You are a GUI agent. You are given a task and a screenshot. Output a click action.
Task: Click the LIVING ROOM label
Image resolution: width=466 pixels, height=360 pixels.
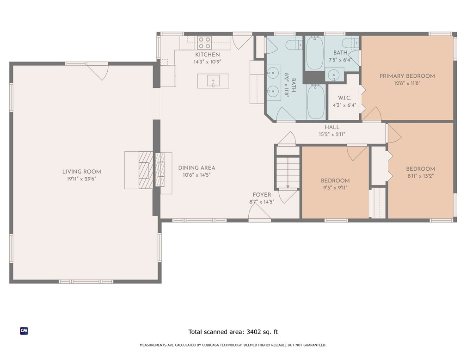pyautogui.click(x=81, y=172)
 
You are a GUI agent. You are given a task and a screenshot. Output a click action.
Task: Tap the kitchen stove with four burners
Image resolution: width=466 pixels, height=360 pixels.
pyautogui.click(x=204, y=43)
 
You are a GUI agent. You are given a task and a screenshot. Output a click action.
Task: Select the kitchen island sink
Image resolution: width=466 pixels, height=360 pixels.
pyautogui.click(x=213, y=82)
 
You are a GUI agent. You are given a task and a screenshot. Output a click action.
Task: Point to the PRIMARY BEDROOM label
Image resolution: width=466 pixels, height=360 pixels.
pyautogui.click(x=407, y=76)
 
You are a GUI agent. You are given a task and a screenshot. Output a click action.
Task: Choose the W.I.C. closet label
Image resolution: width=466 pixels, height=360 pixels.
pyautogui.click(x=344, y=98)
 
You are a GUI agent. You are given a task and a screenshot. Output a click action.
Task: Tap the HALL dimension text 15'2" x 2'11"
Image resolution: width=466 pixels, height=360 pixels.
pyautogui.click(x=331, y=134)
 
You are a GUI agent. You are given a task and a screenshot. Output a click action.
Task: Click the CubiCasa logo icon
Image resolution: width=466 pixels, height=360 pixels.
pyautogui.click(x=24, y=331)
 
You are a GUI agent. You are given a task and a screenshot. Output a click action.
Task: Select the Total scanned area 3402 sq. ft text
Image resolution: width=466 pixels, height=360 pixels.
pyautogui.click(x=233, y=332)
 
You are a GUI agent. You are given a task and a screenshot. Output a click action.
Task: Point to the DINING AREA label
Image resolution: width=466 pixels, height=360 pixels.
pyautogui.click(x=196, y=168)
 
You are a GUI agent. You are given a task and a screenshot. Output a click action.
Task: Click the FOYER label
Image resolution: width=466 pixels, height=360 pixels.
pyautogui.click(x=262, y=195)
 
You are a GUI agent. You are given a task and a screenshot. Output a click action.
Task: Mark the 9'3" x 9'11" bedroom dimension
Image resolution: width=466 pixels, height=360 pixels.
pyautogui.click(x=335, y=187)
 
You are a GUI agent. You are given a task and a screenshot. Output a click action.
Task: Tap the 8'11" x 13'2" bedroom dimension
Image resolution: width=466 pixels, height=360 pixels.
pyautogui.click(x=420, y=176)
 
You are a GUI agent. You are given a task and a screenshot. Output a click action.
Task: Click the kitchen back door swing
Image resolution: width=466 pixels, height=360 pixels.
pyautogui.click(x=242, y=42)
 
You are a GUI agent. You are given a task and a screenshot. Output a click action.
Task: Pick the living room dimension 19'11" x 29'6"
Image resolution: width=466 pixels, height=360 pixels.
pyautogui.click(x=81, y=178)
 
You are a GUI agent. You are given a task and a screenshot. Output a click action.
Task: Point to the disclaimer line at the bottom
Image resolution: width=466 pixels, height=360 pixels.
pyautogui.click(x=233, y=345)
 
